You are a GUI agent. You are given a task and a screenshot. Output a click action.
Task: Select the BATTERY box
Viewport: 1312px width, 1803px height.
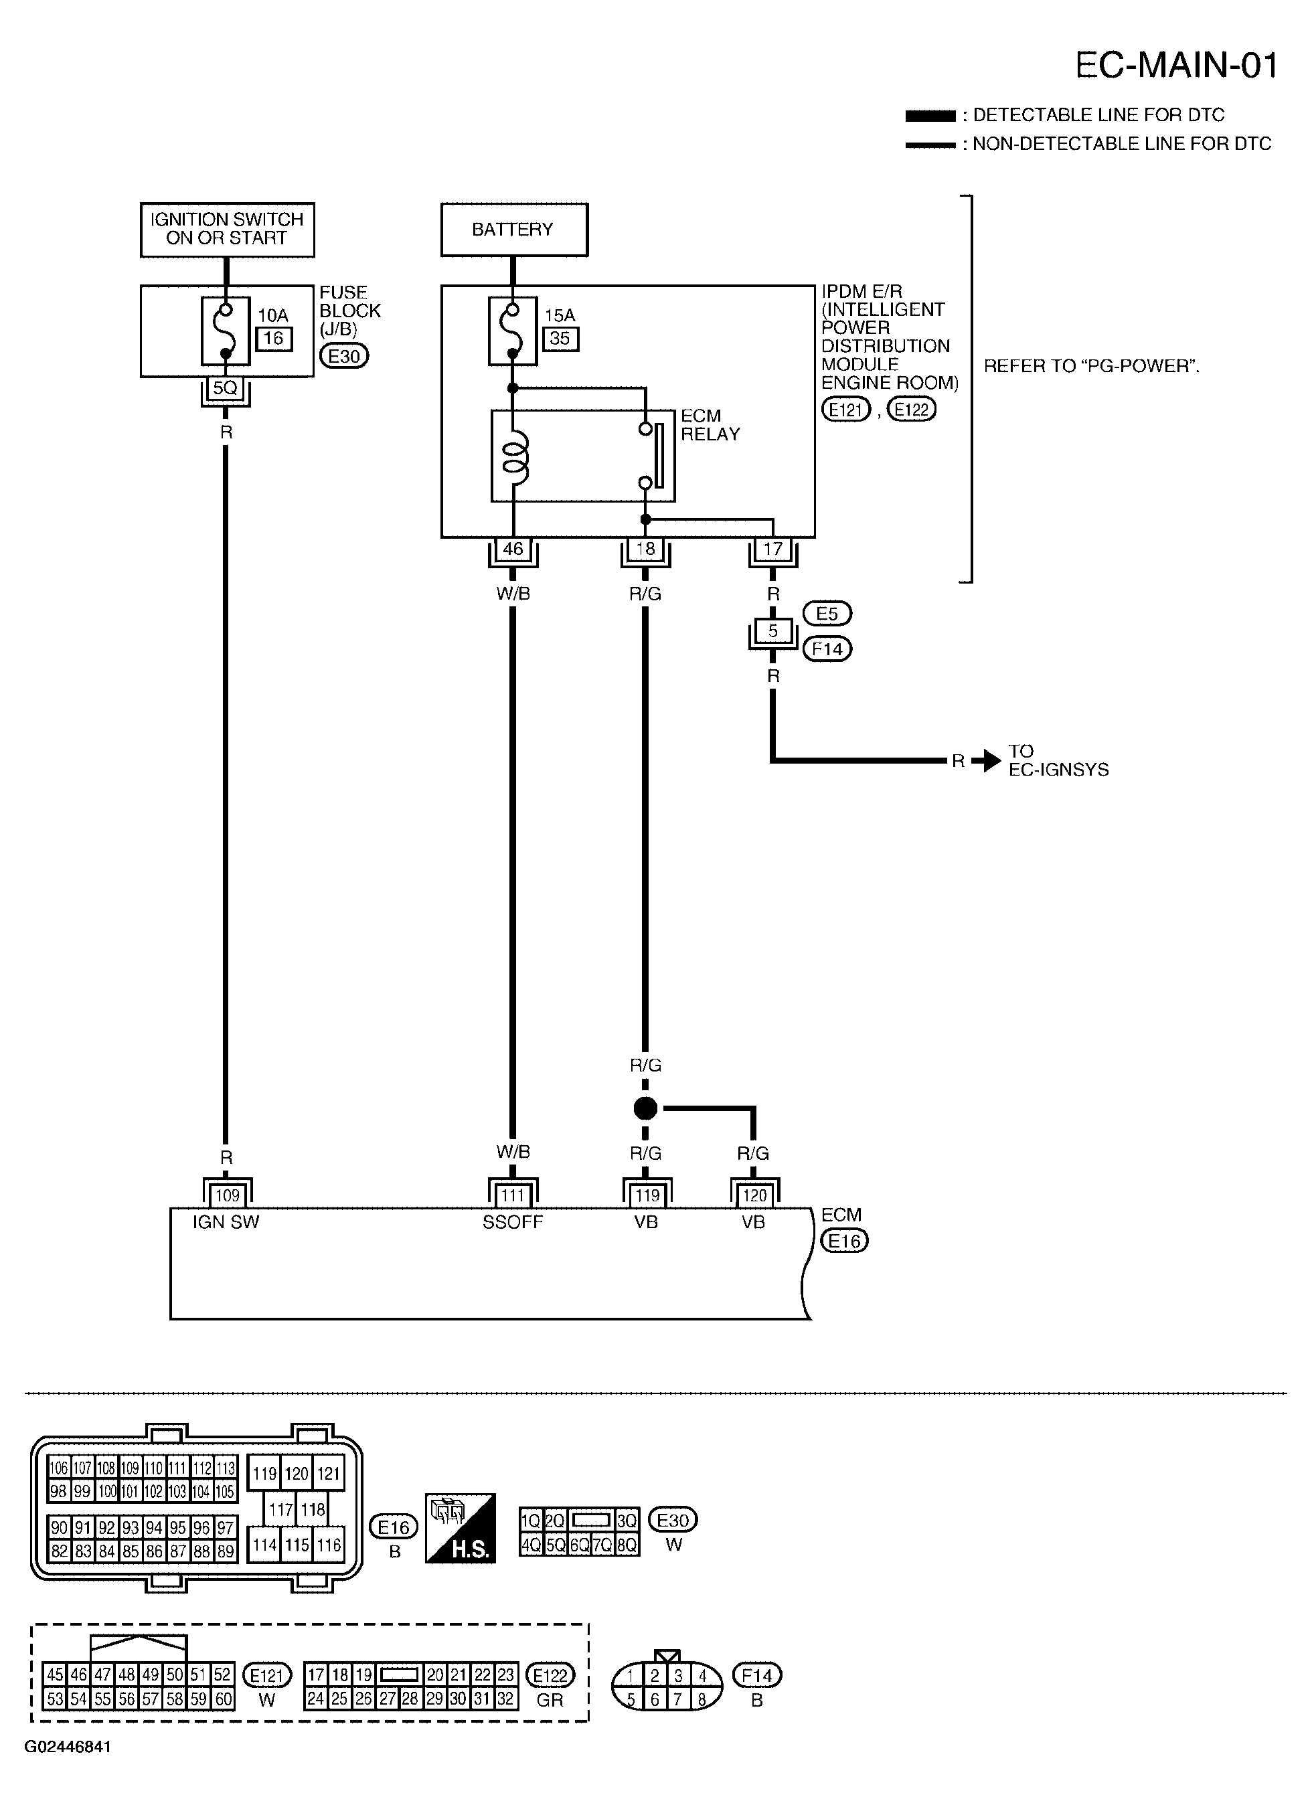[513, 230]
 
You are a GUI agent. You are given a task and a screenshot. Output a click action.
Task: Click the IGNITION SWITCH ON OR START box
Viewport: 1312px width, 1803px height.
[227, 229]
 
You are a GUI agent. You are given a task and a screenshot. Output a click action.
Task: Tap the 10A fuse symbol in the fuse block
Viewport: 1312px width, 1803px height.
[226, 331]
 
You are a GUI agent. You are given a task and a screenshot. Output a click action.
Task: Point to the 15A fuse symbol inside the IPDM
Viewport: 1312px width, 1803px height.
[513, 331]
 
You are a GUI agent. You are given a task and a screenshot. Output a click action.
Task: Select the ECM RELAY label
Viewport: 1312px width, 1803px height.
[710, 425]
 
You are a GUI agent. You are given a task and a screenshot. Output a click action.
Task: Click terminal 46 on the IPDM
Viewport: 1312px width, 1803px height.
[513, 549]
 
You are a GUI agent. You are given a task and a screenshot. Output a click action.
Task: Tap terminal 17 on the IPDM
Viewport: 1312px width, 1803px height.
[772, 549]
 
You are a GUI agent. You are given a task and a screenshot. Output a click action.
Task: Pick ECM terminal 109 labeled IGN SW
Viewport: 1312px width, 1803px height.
[228, 1195]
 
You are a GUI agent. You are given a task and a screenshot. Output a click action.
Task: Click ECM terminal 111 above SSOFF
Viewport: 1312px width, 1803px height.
[513, 1195]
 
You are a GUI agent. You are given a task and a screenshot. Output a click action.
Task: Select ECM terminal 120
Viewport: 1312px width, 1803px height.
[754, 1195]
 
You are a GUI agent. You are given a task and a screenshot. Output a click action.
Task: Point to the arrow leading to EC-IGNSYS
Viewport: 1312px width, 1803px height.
[987, 761]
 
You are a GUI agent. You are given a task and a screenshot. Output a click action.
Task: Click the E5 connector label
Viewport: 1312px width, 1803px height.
[827, 614]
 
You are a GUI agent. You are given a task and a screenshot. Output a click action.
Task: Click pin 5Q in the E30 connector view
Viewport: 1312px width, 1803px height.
[555, 1545]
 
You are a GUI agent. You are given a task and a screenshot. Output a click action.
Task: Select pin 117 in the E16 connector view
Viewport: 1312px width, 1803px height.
[280, 1510]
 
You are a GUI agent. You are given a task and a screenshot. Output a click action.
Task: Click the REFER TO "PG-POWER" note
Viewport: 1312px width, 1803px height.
[1091, 367]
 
